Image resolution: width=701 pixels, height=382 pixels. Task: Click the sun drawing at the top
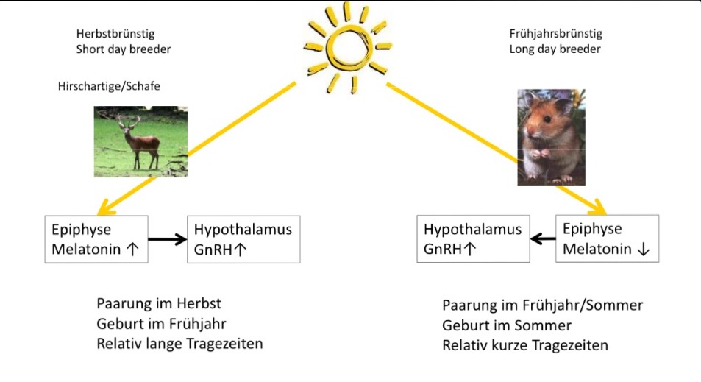coord(347,47)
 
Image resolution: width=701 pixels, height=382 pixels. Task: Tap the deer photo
coord(140,141)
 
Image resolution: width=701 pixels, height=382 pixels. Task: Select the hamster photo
coord(551,138)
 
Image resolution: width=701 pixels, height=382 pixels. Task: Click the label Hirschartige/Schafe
coord(109,86)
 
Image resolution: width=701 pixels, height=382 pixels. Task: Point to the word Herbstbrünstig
coord(115,34)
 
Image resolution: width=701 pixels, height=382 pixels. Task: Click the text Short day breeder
coord(124,49)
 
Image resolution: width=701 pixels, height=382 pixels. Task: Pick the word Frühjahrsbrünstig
coord(555,34)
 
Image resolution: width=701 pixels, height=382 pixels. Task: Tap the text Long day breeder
coord(555,49)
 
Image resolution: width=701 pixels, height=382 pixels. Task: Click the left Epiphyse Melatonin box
coord(96,239)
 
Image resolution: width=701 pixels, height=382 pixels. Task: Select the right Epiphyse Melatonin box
coord(607,238)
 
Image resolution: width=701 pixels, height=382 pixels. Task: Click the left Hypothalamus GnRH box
coord(243,239)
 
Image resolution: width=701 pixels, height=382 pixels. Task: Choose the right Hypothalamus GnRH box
coord(474,238)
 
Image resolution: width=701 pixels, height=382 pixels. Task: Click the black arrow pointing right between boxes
coord(167,239)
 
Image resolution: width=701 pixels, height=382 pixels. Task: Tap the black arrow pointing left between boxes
coord(543,238)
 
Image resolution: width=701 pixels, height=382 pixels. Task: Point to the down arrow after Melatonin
coord(644,250)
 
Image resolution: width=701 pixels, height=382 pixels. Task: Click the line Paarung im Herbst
coord(159,303)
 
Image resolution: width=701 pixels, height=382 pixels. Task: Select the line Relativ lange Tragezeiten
coord(179,344)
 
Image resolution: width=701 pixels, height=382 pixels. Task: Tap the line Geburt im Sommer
coord(507,325)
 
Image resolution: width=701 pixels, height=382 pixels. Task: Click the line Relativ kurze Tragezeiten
coord(525,345)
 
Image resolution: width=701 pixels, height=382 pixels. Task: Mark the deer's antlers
coord(128,121)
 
